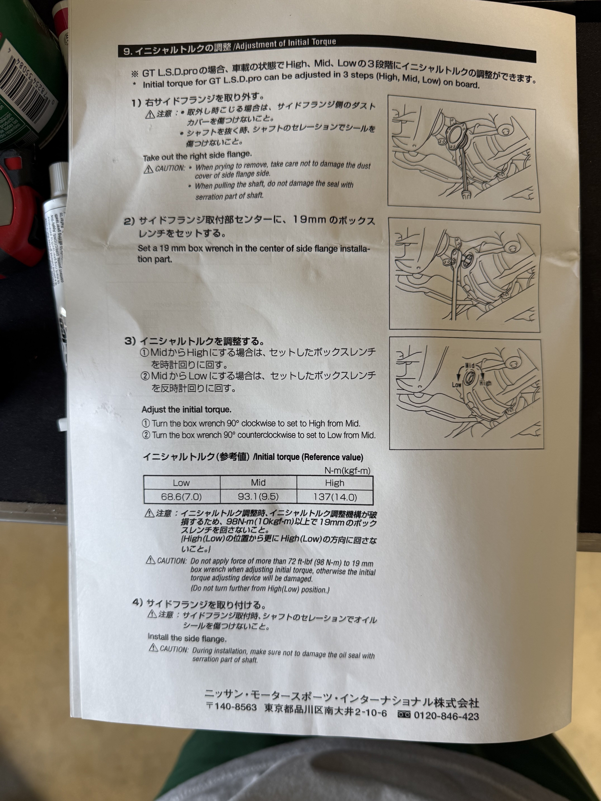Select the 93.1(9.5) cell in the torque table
258,496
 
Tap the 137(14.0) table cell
335,497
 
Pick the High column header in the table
335,483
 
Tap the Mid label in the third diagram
470,365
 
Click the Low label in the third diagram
457,385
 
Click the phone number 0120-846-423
446,716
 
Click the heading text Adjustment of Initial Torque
286,44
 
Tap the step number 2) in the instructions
129,221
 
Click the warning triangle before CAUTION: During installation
154,647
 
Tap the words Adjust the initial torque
186,410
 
